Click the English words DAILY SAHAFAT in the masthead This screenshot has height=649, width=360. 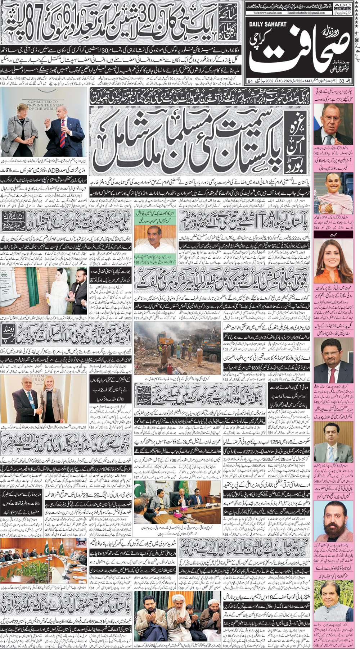tap(268, 24)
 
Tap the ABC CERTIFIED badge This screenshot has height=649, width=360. tap(343, 6)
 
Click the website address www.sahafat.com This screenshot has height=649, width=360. tap(267, 13)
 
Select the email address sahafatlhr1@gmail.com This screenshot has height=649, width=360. tap(306, 13)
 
